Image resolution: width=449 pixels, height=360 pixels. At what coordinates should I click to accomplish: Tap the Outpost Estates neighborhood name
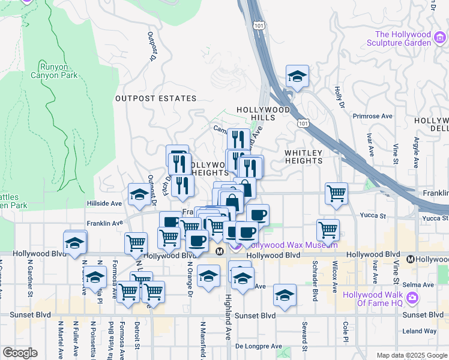pos(155,98)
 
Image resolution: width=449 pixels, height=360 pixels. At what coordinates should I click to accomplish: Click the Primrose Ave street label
pos(372,116)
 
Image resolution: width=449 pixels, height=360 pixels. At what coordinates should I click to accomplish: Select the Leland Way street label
pos(420,331)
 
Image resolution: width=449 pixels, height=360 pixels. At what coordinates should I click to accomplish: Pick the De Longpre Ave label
pos(258,346)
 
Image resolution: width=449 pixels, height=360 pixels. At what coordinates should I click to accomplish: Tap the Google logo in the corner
pos(20,353)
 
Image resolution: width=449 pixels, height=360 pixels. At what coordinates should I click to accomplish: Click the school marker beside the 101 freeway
pos(297,76)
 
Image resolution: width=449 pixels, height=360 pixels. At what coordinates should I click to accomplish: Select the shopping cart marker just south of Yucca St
pos(328,229)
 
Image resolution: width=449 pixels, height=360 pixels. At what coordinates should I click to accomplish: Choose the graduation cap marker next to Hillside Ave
pos(139,194)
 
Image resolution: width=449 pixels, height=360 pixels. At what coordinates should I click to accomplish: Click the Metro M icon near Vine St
pos(410,259)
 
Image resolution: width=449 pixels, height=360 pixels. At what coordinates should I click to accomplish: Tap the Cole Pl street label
pos(346,330)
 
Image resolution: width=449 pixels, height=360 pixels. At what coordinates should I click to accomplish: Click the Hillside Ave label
pos(104,203)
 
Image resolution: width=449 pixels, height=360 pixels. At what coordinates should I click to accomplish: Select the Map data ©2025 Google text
pos(411,355)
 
